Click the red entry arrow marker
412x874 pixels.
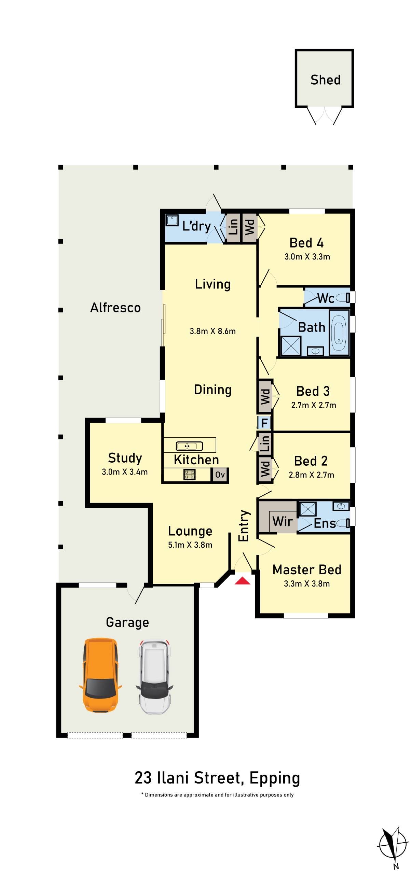tap(242, 580)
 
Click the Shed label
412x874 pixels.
tap(325, 80)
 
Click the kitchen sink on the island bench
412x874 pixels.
tap(189, 446)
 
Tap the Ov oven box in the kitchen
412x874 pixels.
tap(220, 475)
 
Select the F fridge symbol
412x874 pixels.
tap(264, 423)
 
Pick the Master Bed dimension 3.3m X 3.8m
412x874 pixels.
tap(306, 583)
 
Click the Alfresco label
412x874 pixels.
tap(115, 308)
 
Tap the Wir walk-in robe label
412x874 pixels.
tap(282, 521)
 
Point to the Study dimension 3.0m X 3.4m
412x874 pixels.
tap(124, 472)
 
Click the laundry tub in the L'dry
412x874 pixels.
tap(172, 220)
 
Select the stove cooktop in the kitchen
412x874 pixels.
tap(190, 474)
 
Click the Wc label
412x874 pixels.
tap(326, 298)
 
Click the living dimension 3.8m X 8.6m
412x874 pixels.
tap(212, 331)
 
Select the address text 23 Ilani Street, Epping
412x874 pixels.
tap(217, 778)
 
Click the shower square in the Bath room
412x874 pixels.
tap(291, 346)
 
